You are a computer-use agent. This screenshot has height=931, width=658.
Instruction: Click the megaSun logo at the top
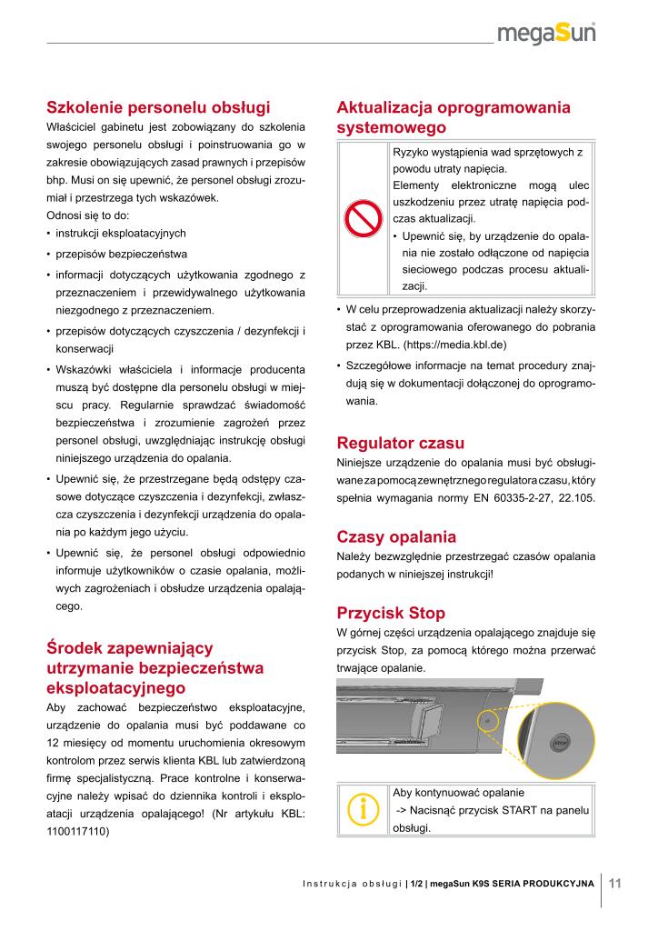557,35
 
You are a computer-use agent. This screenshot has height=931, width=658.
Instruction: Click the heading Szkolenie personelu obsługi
158,106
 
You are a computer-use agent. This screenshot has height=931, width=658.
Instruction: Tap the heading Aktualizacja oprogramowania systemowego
454,117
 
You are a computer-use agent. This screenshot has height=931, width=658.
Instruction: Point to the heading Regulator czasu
401,444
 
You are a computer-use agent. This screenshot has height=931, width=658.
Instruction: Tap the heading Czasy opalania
396,536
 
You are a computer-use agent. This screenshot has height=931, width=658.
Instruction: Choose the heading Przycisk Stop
391,612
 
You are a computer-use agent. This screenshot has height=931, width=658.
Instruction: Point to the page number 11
615,882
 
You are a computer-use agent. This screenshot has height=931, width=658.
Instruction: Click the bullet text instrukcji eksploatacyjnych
121,233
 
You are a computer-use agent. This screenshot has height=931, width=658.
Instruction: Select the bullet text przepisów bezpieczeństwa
122,254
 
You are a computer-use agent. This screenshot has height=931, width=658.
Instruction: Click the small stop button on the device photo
486,719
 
